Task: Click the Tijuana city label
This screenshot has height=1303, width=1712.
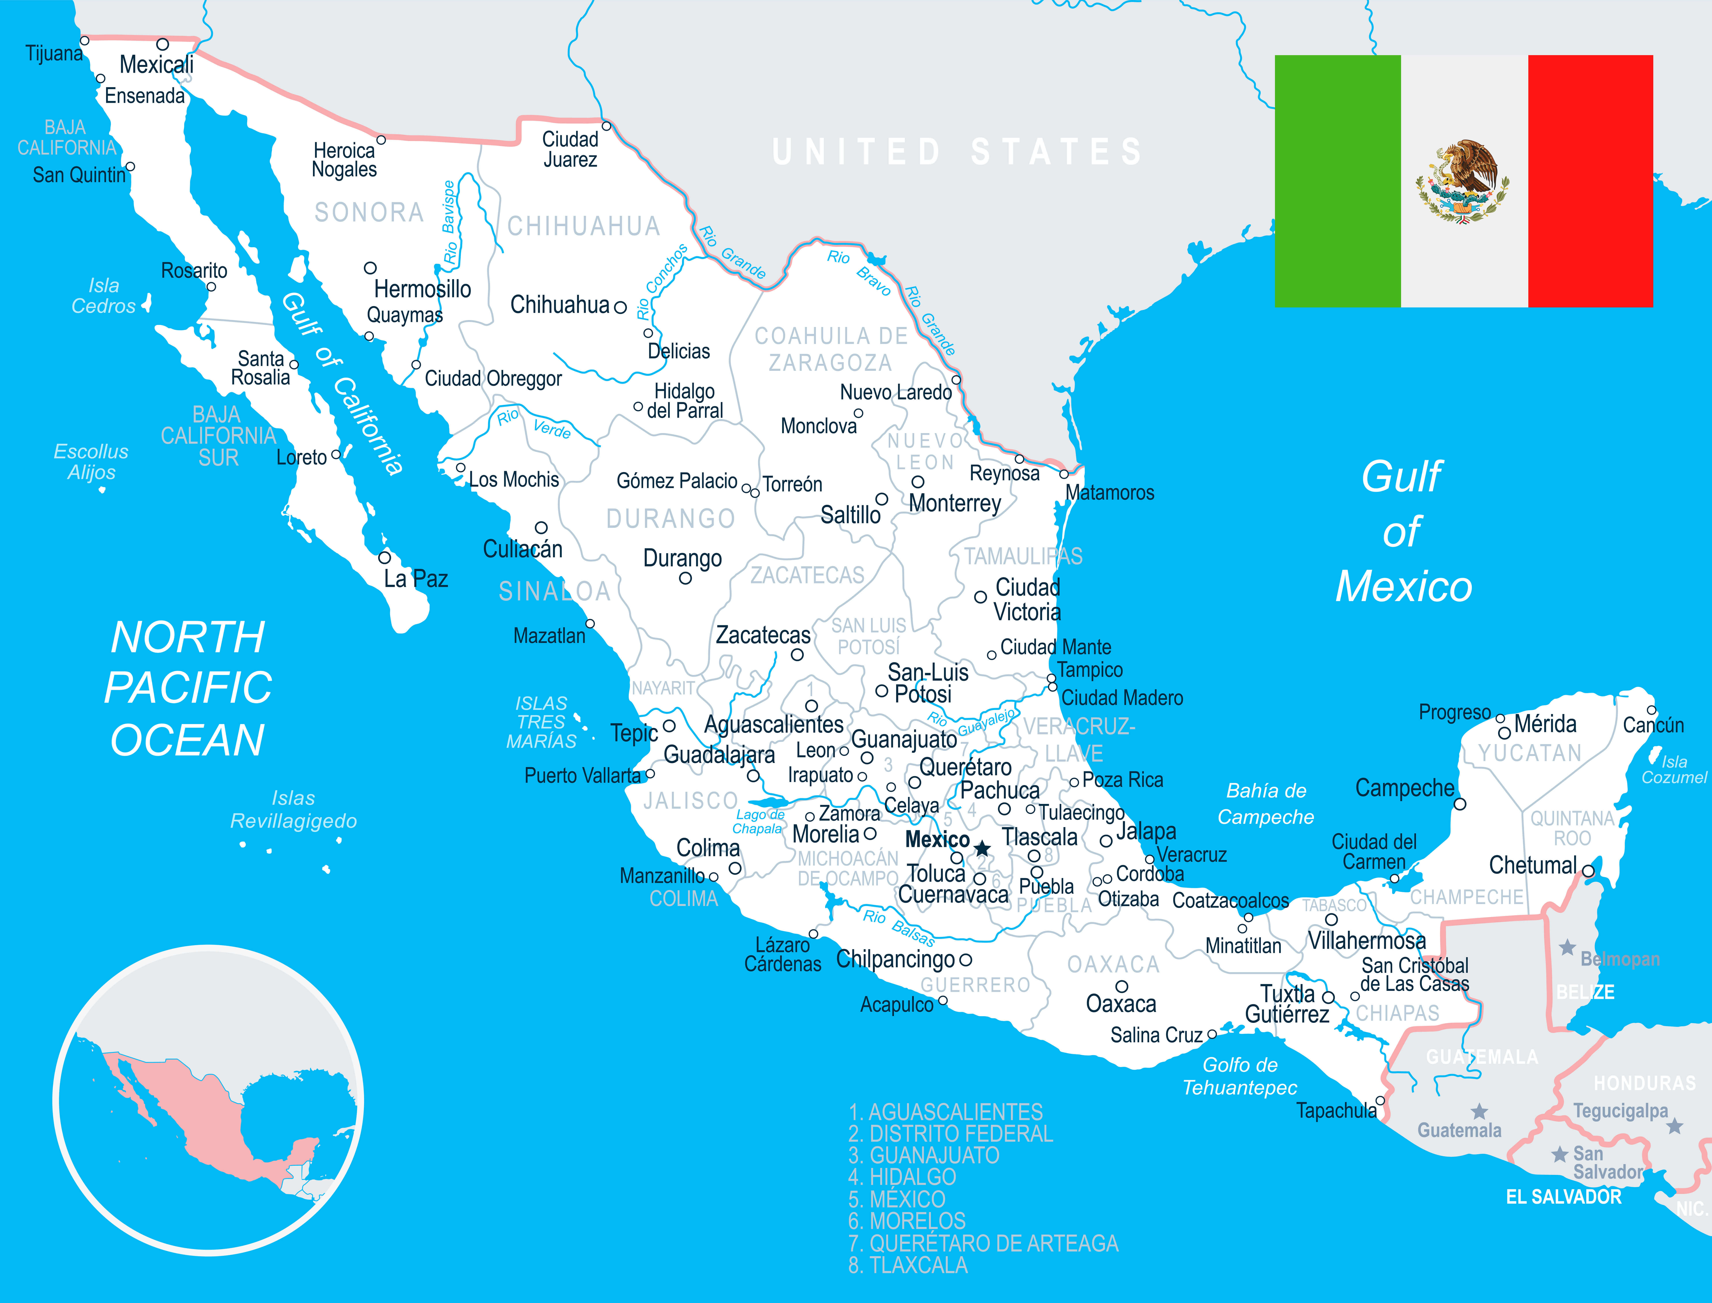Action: click(x=53, y=53)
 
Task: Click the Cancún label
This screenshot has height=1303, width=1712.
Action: click(x=1653, y=725)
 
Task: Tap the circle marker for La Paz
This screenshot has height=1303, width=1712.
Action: click(x=385, y=558)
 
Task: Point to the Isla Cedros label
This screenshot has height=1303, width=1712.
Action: click(x=104, y=295)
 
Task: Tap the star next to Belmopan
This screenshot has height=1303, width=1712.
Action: click(x=1567, y=947)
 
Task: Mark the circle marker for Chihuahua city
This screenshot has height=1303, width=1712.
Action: click(x=620, y=307)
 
